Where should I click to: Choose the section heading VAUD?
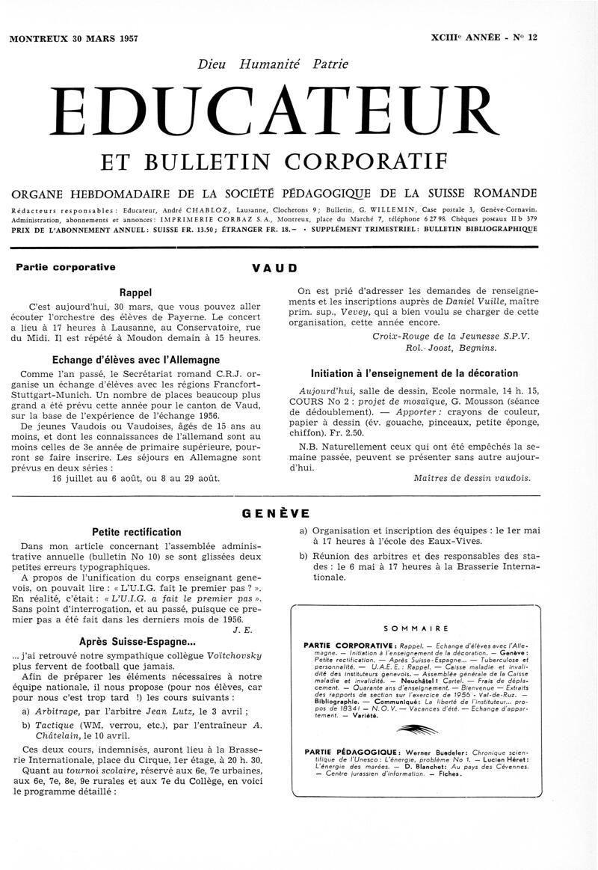pos(275,267)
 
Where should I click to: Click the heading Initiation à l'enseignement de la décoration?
pos(414,373)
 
